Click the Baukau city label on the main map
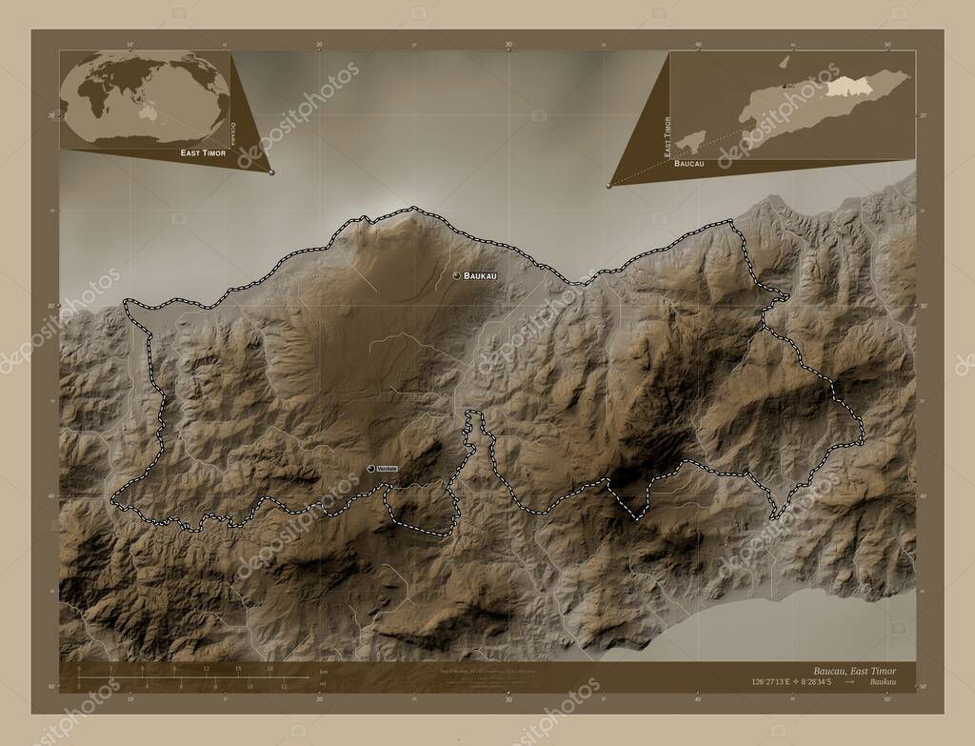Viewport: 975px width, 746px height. click(x=480, y=275)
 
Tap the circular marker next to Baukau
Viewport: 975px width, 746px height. click(x=457, y=275)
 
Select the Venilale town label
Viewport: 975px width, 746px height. click(x=386, y=469)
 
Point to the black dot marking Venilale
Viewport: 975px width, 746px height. click(x=370, y=469)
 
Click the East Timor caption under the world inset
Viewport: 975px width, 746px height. click(x=202, y=152)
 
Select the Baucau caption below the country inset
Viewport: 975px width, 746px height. click(x=689, y=164)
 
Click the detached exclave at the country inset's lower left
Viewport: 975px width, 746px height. click(x=691, y=139)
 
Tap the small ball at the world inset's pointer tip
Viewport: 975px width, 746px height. click(x=271, y=172)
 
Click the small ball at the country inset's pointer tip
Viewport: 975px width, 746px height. click(x=608, y=186)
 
